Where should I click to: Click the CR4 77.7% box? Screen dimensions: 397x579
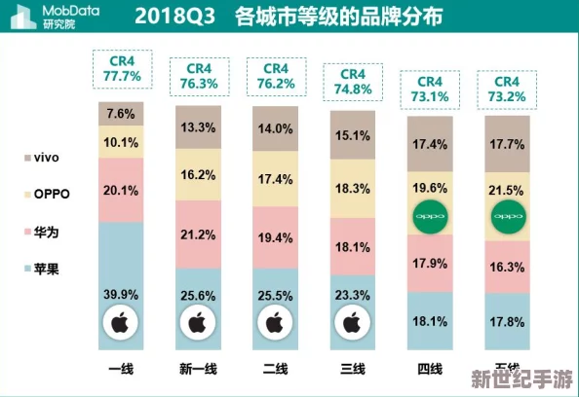121,68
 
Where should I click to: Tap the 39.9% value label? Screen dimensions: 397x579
121,294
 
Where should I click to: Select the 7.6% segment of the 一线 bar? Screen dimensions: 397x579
121,114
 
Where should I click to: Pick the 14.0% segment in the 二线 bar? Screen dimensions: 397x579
275,128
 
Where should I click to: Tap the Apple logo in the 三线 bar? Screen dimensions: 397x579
352,319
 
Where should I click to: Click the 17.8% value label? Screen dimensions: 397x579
507,321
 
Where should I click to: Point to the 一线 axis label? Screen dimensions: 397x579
121,369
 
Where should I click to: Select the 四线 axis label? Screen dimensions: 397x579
430,369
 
